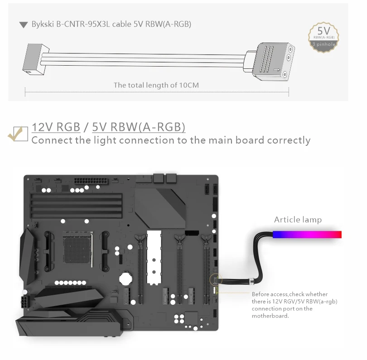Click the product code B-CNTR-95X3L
coord(83,24)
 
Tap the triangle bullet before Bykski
coord(24,24)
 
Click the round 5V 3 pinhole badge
coord(324,37)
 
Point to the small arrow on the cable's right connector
coord(277,69)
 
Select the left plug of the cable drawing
coord(36,59)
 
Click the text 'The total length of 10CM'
coord(156,85)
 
